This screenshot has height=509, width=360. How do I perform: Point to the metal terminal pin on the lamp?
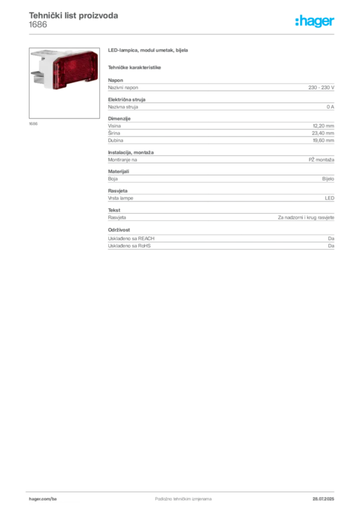[36, 76]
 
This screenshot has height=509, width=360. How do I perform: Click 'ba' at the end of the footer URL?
[55, 498]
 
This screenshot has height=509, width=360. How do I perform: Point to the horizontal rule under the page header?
[182, 34]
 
